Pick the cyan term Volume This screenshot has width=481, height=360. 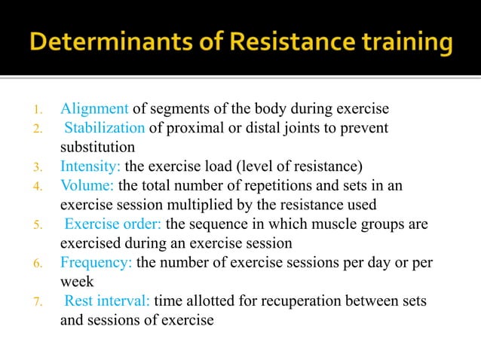point(87,185)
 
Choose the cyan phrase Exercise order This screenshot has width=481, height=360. point(113,224)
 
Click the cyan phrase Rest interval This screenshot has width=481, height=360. point(108,301)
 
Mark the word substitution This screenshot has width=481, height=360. point(97,147)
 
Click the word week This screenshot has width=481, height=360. point(76,282)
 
